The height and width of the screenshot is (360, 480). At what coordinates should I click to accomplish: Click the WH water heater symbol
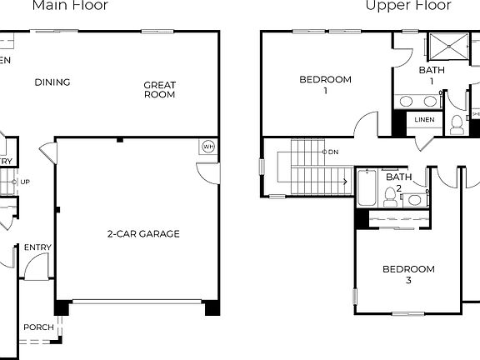207,147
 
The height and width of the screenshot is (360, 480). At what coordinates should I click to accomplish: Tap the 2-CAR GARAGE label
142,234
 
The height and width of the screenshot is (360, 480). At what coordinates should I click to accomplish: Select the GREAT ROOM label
159,89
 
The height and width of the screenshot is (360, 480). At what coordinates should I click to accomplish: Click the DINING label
52,82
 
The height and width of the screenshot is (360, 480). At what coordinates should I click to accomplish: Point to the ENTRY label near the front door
37,247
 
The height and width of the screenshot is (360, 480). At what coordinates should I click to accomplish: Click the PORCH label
38,327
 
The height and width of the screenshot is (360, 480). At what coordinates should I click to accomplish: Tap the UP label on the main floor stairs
25,182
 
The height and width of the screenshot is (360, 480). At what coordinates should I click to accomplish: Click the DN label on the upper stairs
332,152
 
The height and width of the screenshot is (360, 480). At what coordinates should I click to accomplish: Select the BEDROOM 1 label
325,85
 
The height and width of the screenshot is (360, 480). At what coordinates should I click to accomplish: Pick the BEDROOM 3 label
408,275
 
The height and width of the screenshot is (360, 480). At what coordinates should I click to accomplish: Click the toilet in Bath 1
457,125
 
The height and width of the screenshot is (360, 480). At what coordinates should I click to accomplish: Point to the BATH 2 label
398,182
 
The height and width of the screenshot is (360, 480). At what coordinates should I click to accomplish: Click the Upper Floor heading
408,6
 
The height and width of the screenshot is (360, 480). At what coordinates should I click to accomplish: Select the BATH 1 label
432,76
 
